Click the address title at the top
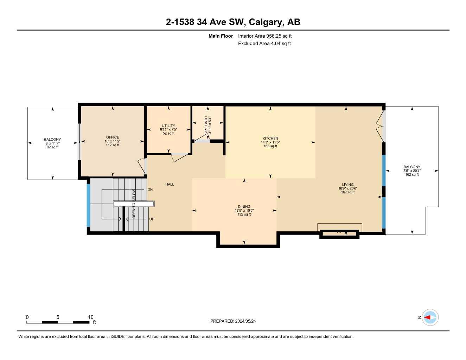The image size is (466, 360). [233, 22]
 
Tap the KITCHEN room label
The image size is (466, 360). [270, 139]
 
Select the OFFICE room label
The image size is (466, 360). [113, 137]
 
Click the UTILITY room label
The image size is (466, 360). [168, 126]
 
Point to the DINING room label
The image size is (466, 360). [244, 207]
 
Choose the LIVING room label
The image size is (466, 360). [347, 185]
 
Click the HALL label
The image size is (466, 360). [170, 184]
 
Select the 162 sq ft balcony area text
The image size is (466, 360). [412, 175]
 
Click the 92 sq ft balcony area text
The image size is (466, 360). [52, 147]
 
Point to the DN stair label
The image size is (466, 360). [150, 190]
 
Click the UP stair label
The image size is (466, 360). [152, 219]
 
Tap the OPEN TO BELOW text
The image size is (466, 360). [134, 204]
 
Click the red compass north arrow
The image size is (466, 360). [428, 317]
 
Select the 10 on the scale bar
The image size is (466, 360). [91, 317]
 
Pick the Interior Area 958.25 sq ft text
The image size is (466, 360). [265, 36]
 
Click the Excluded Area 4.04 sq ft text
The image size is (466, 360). [264, 44]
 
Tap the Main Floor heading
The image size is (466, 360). [221, 36]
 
